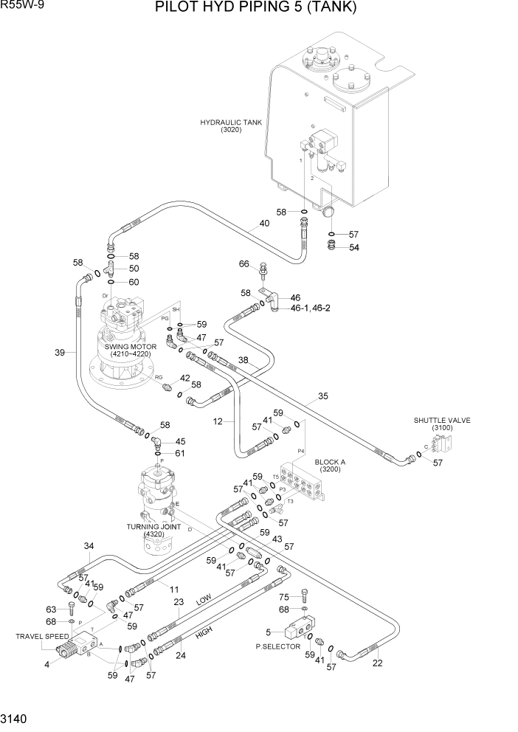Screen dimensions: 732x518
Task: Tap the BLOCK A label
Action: (x=330, y=464)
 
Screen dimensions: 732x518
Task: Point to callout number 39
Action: (x=61, y=353)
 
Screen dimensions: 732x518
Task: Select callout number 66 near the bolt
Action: (x=243, y=264)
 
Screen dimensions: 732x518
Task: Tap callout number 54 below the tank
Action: (x=353, y=247)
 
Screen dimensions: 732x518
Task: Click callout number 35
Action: (x=322, y=396)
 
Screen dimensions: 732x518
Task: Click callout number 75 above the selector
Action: (x=284, y=596)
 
